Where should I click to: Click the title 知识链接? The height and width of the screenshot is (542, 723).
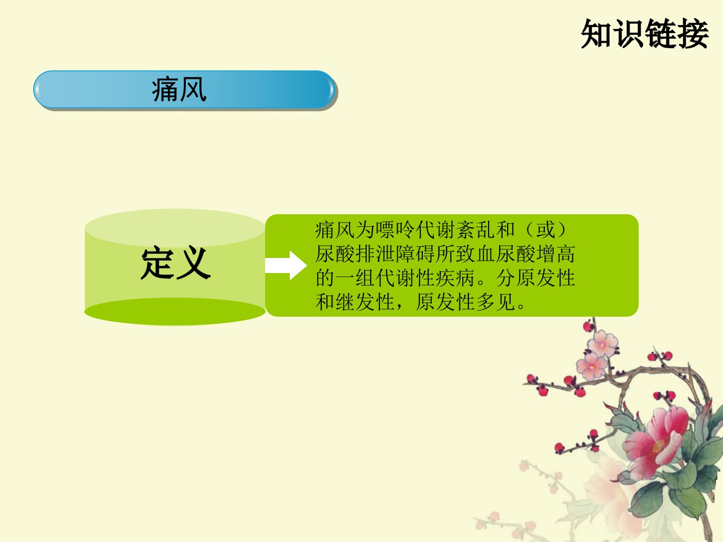point(645,34)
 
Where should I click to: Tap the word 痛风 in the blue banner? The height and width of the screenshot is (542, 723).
point(179,89)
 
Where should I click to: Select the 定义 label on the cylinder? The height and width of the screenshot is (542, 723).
point(176,263)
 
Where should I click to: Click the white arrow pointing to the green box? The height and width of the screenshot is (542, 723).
point(286,265)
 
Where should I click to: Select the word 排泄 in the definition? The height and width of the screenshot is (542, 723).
point(376,254)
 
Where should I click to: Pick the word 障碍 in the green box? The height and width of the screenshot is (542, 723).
point(416,254)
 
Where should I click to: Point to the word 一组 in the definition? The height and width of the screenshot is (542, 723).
point(355,278)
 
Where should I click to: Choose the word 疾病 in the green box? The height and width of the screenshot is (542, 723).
point(456,278)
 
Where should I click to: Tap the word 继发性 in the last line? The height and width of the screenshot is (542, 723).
point(366,302)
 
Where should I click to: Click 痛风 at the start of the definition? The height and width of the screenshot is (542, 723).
point(335,230)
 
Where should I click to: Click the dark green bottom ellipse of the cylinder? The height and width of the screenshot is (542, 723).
point(175,312)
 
